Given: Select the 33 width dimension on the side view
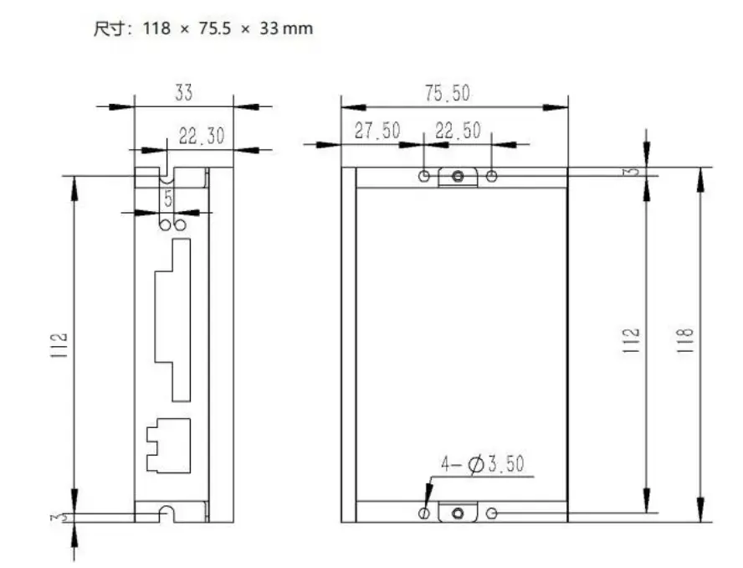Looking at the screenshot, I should [183, 93].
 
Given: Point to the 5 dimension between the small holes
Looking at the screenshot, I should [168, 199].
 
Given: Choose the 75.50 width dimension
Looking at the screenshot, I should [447, 93].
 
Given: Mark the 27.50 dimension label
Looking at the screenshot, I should [377, 132].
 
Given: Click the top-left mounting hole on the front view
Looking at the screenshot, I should [425, 176].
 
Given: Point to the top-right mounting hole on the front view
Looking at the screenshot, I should [492, 176].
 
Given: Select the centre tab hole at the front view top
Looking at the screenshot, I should [458, 176].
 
